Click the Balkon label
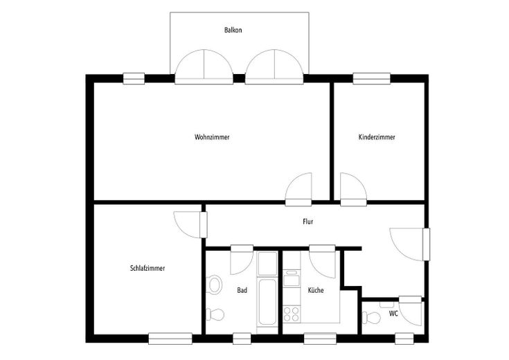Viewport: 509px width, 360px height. tap(233, 30)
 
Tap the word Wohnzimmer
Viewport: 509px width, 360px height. tap(212, 137)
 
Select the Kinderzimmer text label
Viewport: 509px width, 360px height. tap(377, 137)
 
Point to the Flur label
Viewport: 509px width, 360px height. tap(308, 222)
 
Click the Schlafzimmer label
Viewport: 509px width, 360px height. tap(148, 269)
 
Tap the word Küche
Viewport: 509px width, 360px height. tap(316, 290)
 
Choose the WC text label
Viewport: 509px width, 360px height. tap(393, 314)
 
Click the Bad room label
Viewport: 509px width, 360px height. tap(242, 290)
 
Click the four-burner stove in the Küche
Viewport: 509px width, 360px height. tap(291, 314)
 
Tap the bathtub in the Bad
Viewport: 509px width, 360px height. tap(267, 303)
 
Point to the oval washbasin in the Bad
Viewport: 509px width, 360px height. tap(215, 285)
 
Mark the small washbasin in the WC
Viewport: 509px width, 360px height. tap(386, 305)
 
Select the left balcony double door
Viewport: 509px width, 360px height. tap(204, 67)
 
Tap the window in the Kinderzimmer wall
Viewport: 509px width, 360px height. tap(372, 78)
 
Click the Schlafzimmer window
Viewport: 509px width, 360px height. tap(170, 339)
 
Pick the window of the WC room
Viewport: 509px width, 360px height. tap(404, 339)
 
